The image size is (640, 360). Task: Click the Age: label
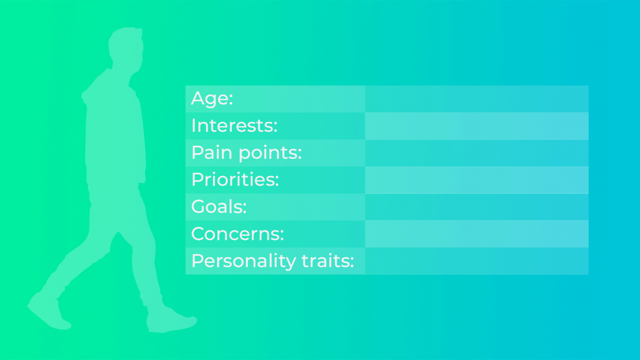[212, 99]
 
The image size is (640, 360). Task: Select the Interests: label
[234, 126]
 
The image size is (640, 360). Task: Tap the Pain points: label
[246, 153]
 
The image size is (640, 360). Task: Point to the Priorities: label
[235, 180]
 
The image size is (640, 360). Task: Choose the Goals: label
[219, 207]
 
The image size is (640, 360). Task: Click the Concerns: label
[237, 234]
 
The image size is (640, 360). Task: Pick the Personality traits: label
[272, 261]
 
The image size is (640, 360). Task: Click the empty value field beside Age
[477, 99]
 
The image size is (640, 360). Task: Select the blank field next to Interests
[477, 126]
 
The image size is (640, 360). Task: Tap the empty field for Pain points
[477, 153]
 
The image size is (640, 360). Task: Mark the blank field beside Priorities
[477, 180]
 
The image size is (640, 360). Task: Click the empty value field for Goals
[477, 207]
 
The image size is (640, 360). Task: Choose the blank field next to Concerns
[477, 234]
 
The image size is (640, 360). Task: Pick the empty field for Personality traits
[477, 261]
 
